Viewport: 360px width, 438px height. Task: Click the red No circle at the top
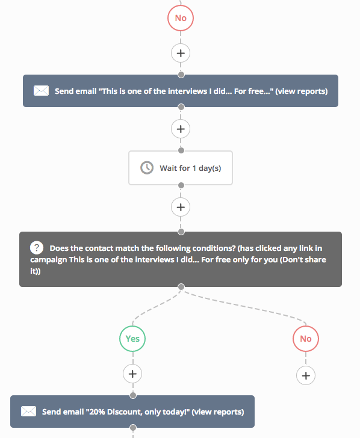(181, 18)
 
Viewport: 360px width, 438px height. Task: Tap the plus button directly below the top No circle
(181, 53)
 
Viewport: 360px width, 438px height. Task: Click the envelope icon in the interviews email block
(41, 91)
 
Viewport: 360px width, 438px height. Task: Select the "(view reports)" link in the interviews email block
(301, 91)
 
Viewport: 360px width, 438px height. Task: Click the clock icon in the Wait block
(147, 168)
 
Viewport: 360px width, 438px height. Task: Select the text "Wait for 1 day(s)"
(190, 168)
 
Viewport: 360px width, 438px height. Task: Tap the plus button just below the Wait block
(181, 207)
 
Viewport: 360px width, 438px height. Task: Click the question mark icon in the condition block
(37, 248)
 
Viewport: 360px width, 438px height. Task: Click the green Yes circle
(132, 339)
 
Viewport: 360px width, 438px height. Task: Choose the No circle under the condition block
(306, 339)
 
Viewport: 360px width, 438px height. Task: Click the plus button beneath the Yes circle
(132, 374)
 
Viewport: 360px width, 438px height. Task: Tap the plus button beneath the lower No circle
(306, 375)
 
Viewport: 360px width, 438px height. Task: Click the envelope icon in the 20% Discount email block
(28, 412)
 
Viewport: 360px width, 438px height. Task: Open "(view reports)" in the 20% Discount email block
(218, 412)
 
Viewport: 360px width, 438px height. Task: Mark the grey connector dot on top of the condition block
(181, 232)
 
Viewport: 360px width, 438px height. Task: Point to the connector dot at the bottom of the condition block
(181, 287)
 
